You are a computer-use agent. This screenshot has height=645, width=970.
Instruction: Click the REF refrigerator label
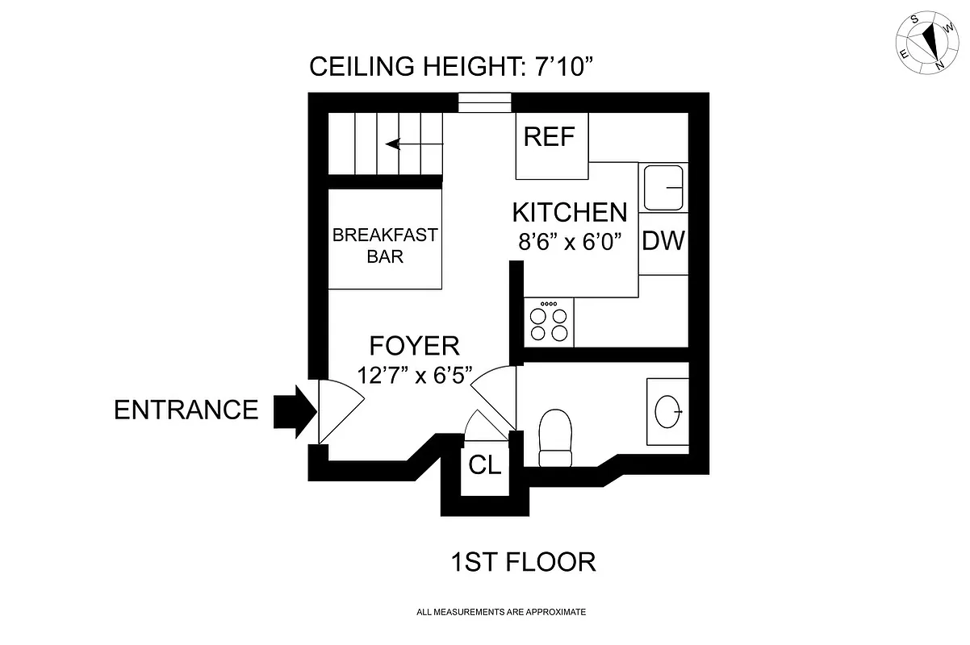[x=549, y=137]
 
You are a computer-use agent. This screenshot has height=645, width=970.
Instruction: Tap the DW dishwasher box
[x=663, y=240]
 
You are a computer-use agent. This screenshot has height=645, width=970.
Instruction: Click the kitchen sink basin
[x=663, y=187]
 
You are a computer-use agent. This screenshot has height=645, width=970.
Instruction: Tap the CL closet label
[x=485, y=466]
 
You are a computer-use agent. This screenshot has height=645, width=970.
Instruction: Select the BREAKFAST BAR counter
[x=385, y=246]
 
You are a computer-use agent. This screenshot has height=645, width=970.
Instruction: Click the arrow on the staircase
[x=414, y=144]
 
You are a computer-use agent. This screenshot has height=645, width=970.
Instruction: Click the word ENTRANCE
[x=186, y=410]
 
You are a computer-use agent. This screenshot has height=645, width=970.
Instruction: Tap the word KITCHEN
[x=570, y=213]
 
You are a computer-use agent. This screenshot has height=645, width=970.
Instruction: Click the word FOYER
[x=414, y=346]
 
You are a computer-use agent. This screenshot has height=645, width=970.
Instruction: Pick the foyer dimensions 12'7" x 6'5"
[x=415, y=376]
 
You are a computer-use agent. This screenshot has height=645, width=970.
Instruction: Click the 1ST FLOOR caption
[x=523, y=562]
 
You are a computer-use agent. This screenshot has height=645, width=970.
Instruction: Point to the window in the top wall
[x=484, y=102]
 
